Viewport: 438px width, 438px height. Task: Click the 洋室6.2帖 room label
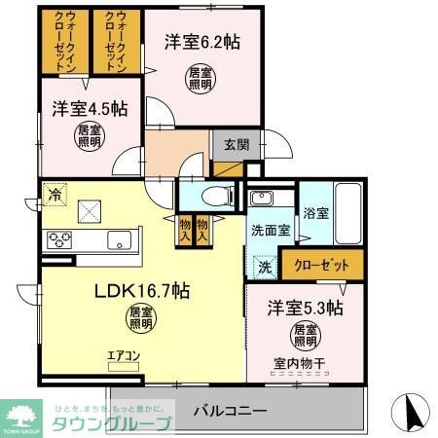pos(201,42)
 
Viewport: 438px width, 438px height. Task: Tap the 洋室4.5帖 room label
pos(84,109)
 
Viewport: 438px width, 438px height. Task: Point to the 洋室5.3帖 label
pos(306,309)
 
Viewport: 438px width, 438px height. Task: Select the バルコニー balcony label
pos(230,410)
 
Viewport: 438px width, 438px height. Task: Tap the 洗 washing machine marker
pos(264,265)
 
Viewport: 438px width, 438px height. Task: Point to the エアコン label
pos(124,356)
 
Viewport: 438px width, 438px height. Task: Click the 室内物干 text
pos(306,363)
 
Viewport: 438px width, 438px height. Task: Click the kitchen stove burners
pos(58,240)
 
